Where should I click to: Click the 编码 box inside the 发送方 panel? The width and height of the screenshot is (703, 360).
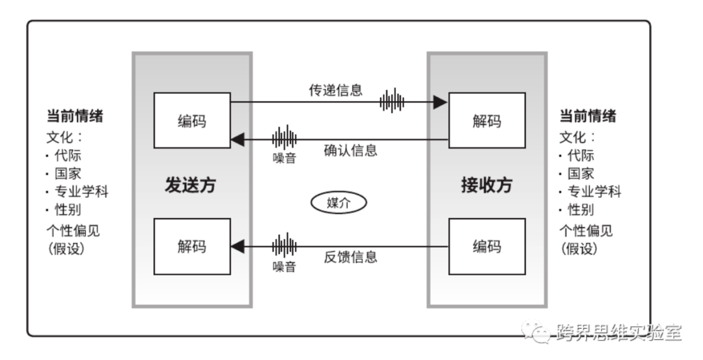[192, 120]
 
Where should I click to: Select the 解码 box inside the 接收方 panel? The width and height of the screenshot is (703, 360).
[487, 120]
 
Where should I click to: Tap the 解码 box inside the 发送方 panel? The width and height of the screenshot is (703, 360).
[192, 246]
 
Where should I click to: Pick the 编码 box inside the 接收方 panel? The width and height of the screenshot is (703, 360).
[487, 246]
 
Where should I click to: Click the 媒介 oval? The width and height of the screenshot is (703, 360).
[338, 202]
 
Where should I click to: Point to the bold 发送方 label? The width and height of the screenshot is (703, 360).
[189, 186]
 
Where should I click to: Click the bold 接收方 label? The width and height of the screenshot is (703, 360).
[486, 186]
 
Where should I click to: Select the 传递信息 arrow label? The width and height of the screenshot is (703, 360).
[335, 90]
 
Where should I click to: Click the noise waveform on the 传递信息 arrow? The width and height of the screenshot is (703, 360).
[392, 102]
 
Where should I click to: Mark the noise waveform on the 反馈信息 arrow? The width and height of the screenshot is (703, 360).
[284, 246]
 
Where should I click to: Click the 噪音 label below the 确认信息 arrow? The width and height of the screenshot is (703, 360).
[284, 158]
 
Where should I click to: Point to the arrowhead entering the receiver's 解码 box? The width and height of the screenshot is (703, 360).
[441, 102]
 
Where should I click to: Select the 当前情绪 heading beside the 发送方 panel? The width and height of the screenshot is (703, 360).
[75, 117]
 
